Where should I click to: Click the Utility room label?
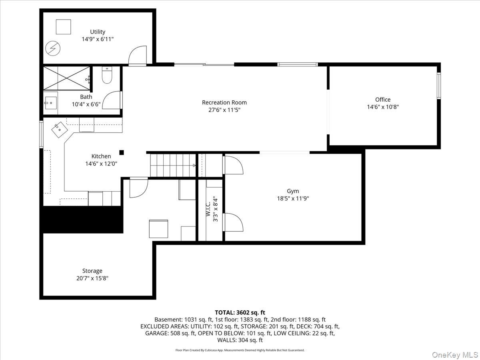point(98,32)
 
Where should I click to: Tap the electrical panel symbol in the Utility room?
point(53,48)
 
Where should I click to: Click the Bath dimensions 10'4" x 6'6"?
point(86,104)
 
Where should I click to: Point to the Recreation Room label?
point(224,102)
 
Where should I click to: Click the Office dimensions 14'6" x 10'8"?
point(383,107)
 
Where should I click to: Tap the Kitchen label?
point(101,156)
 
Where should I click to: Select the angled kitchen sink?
point(60,130)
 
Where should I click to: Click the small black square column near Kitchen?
point(122,152)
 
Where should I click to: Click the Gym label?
point(293,191)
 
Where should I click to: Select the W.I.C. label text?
point(208,209)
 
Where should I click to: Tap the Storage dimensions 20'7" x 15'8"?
point(92,278)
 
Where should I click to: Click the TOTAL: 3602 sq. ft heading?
point(240,312)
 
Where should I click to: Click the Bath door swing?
point(112,100)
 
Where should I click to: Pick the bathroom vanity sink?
point(50,103)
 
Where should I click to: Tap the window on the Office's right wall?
point(439,86)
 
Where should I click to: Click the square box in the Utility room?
point(64,27)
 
